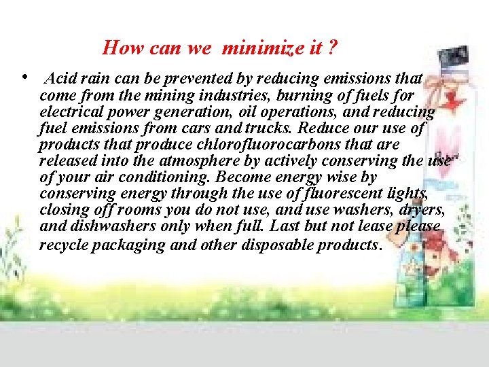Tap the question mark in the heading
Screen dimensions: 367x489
[333, 48]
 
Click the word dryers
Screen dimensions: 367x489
[415, 210]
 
